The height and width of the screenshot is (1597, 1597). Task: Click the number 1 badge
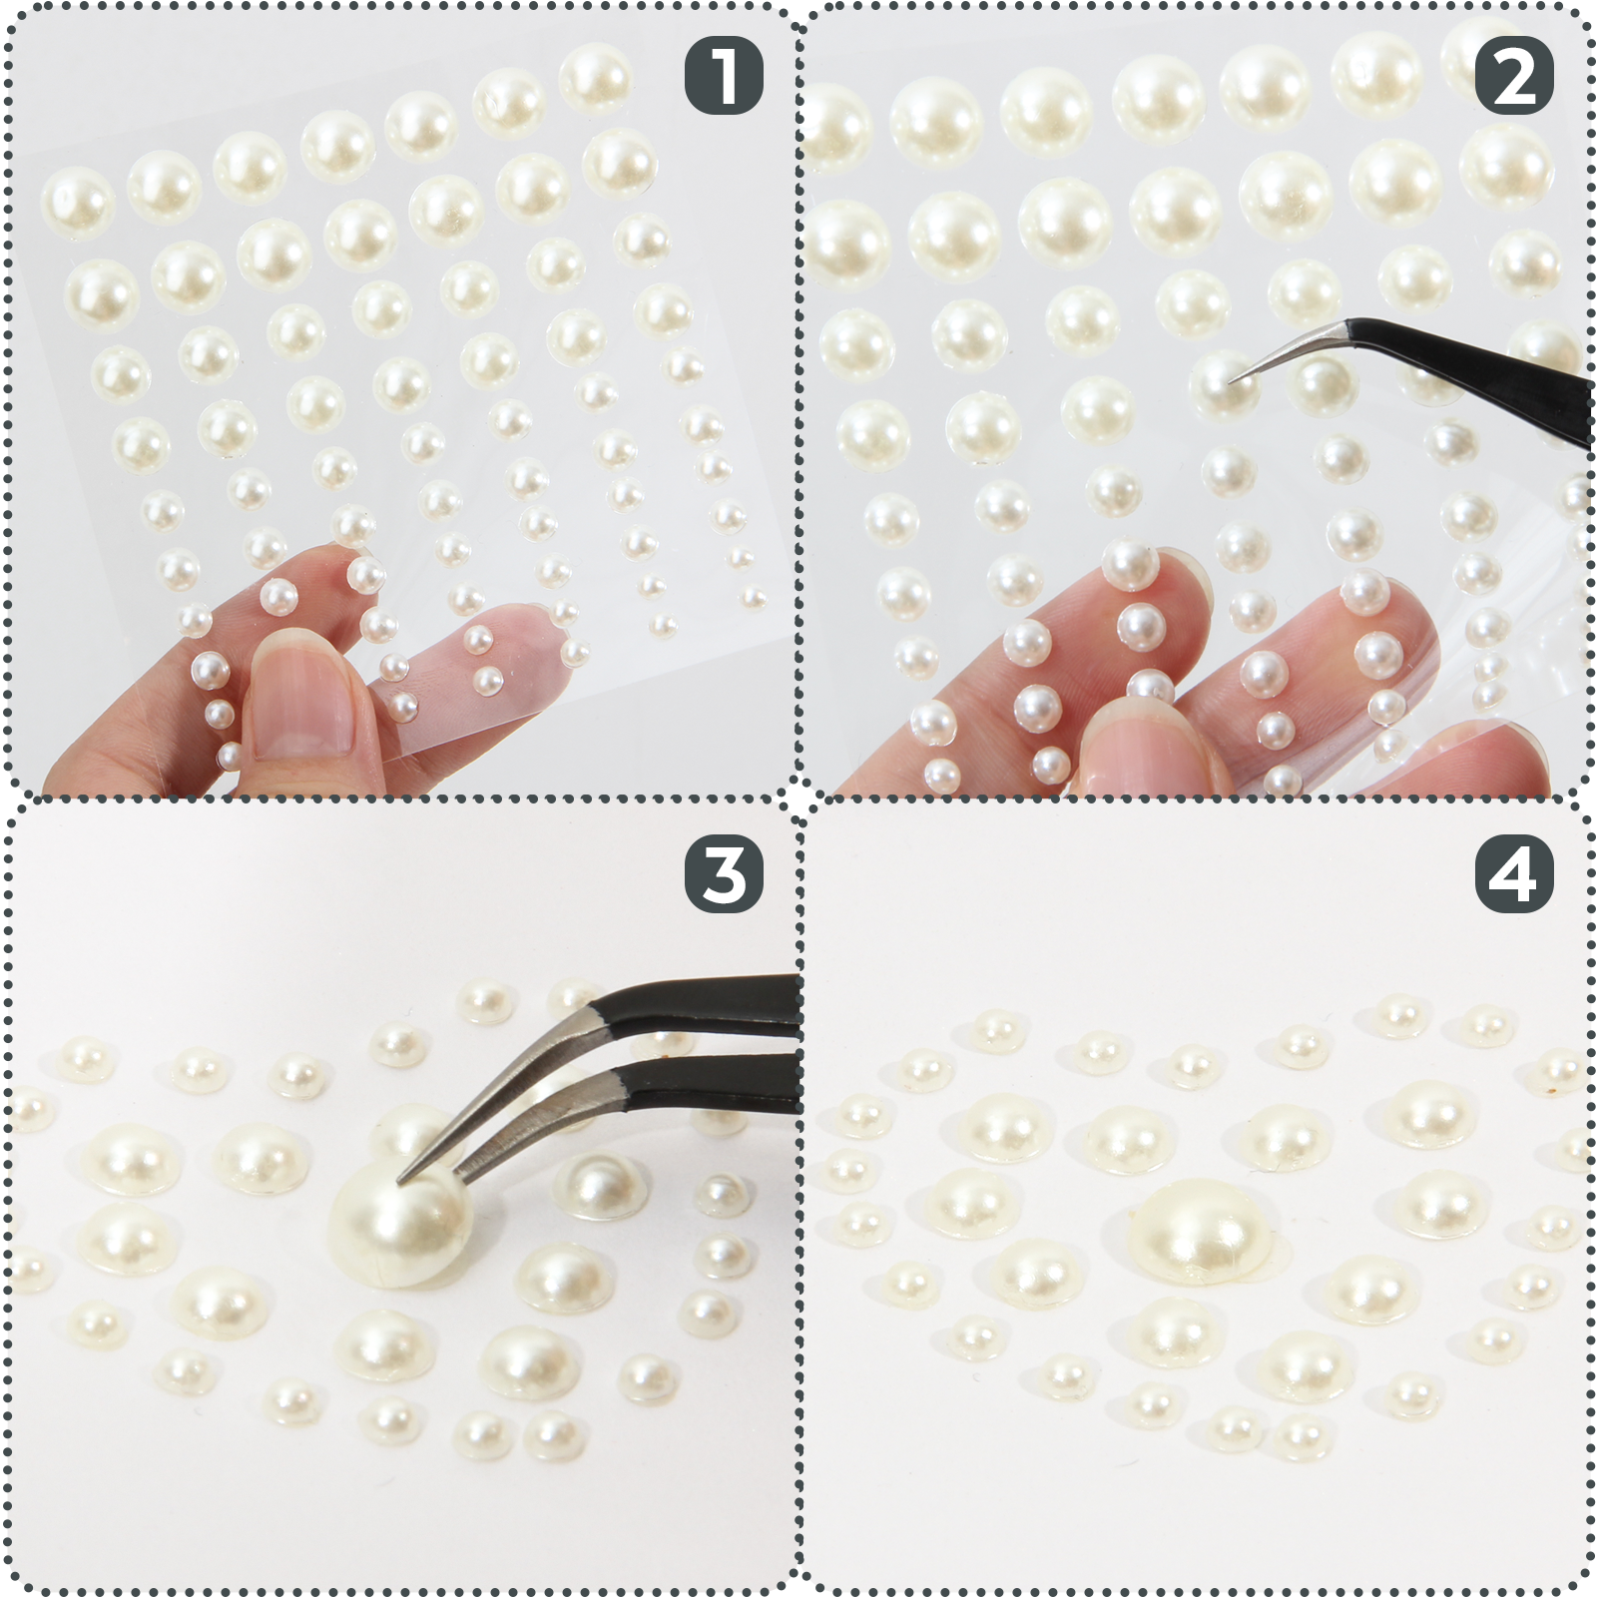click(724, 76)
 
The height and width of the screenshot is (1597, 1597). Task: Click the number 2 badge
click(1514, 76)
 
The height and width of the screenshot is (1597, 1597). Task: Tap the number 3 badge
click(724, 874)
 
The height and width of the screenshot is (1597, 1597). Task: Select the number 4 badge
click(1514, 874)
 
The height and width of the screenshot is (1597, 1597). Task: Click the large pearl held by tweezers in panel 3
click(399, 1228)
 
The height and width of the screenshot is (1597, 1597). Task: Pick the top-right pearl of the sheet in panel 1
click(595, 76)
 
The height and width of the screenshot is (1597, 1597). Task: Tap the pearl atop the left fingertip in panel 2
click(1130, 564)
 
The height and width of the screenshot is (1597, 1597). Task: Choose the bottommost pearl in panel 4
click(1302, 1438)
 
